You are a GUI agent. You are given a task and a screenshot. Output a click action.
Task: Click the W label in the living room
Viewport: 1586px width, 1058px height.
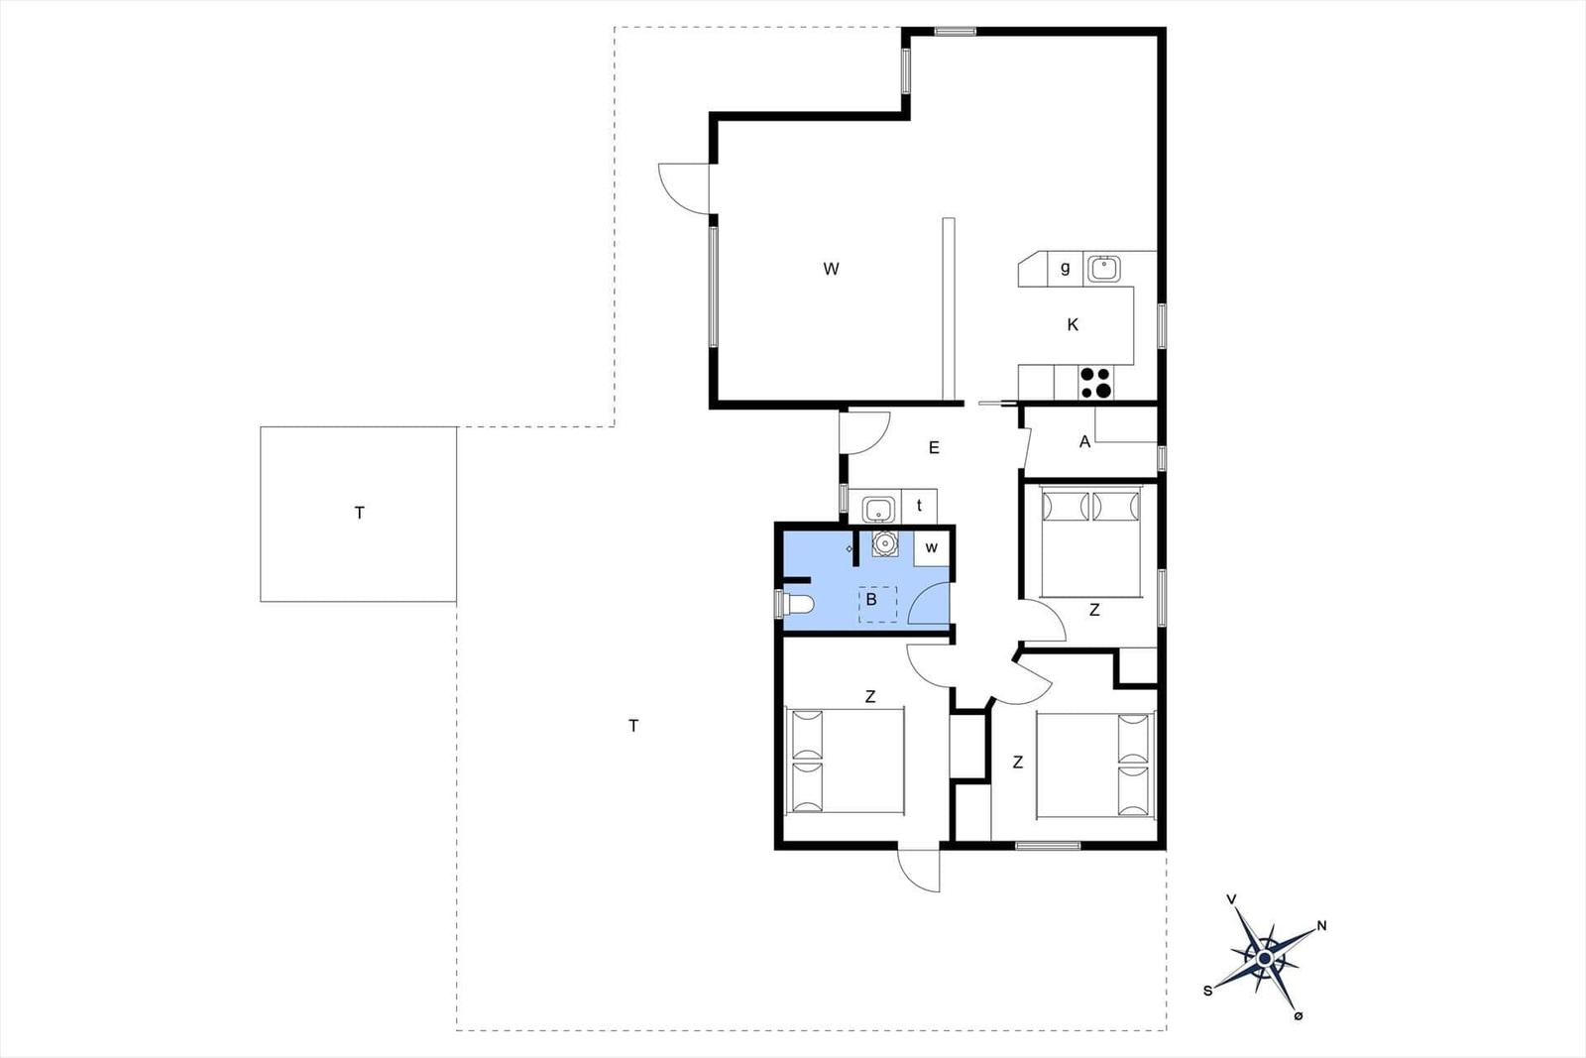pyautogui.click(x=832, y=269)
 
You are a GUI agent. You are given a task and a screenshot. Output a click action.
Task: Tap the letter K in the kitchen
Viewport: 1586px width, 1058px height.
pyautogui.click(x=1073, y=325)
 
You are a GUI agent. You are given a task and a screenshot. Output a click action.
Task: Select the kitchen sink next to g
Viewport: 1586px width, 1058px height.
pyautogui.click(x=1103, y=269)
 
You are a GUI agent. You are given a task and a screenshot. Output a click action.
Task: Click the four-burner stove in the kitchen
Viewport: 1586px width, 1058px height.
pyautogui.click(x=1095, y=383)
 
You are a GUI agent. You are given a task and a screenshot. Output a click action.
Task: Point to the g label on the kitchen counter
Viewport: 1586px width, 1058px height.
pyautogui.click(x=1065, y=269)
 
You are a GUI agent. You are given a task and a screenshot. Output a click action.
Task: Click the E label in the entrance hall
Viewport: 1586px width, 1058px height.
pyautogui.click(x=934, y=447)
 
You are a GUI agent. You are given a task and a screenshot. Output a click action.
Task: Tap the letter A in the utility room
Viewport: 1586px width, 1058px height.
pyautogui.click(x=1084, y=442)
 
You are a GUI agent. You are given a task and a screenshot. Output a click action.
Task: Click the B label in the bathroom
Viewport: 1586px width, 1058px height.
pyautogui.click(x=871, y=600)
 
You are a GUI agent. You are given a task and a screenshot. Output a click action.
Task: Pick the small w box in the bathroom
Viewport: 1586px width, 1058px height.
pyautogui.click(x=931, y=548)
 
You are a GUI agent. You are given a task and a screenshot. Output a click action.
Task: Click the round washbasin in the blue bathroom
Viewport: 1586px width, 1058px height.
pyautogui.click(x=884, y=543)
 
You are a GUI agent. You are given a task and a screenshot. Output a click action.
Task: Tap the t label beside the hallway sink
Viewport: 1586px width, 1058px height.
pyautogui.click(x=919, y=506)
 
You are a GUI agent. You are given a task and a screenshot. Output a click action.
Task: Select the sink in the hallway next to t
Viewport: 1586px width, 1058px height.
pyautogui.click(x=878, y=509)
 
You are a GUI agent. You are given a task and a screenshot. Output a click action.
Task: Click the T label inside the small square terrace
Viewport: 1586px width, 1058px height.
pyautogui.click(x=360, y=513)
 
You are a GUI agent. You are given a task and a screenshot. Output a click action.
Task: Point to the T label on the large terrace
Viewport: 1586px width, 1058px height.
pyautogui.click(x=633, y=726)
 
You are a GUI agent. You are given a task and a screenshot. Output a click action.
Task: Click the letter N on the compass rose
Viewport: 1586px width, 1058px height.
pyautogui.click(x=1321, y=925)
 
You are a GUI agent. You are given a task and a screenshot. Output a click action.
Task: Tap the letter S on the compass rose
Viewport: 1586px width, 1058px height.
pyautogui.click(x=1207, y=991)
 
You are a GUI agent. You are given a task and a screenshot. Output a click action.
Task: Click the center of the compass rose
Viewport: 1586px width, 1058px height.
pyautogui.click(x=1265, y=959)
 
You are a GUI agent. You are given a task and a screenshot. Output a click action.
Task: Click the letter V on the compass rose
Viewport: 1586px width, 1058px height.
pyautogui.click(x=1231, y=899)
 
